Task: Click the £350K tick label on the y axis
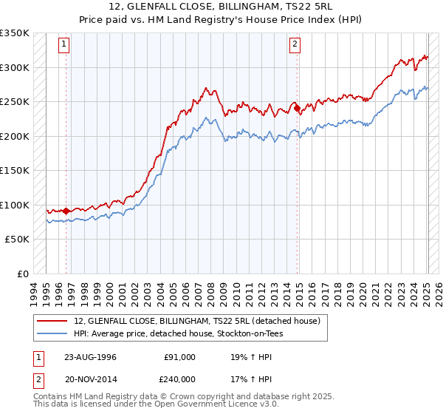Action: click(x=15, y=33)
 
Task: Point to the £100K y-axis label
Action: click(x=15, y=205)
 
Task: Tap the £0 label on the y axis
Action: click(x=22, y=274)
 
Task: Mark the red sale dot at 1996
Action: click(x=66, y=211)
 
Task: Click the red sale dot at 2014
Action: click(x=298, y=109)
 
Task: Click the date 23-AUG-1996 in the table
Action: click(x=90, y=357)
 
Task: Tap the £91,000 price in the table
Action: click(x=180, y=357)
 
